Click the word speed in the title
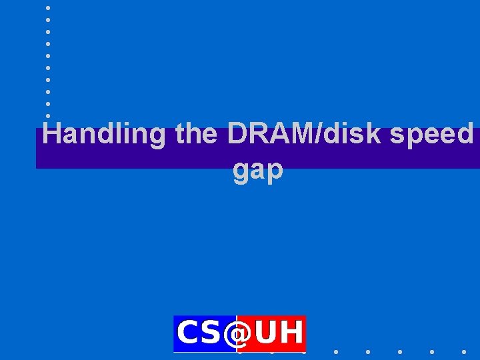[x=432, y=135]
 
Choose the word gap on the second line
[x=258, y=171]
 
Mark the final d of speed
[x=465, y=135]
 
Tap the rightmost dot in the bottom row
[x=464, y=351]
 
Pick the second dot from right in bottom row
[x=432, y=351]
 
